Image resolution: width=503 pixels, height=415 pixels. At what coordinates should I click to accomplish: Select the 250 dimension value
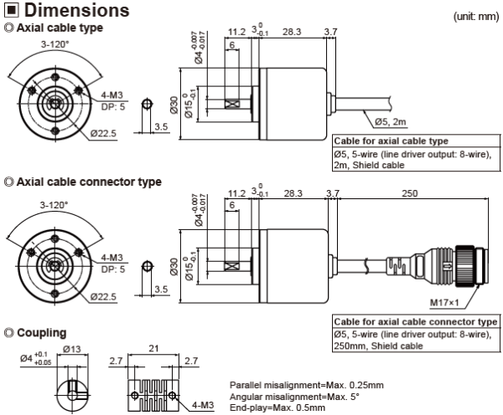click(410, 193)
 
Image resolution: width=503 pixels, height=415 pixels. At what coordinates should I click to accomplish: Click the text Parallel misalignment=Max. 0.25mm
click(306, 385)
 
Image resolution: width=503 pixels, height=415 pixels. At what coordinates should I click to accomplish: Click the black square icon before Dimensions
click(11, 12)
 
